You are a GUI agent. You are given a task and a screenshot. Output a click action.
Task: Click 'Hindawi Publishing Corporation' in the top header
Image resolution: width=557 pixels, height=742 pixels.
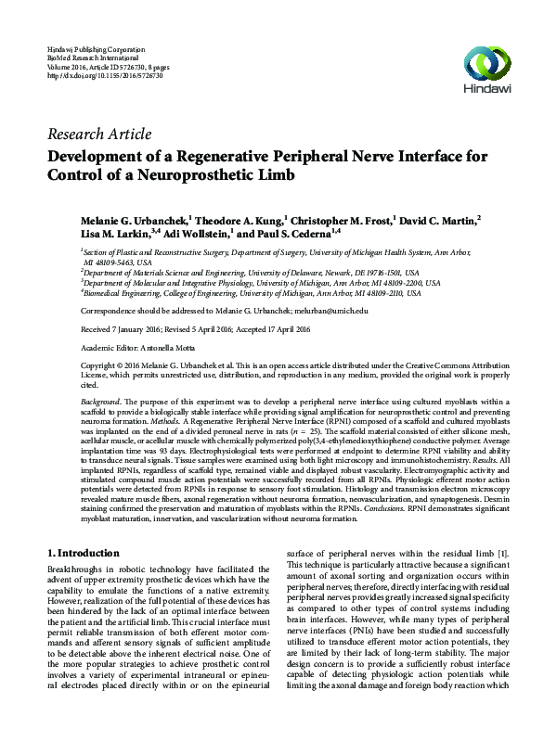pyautogui.click(x=96, y=47)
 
